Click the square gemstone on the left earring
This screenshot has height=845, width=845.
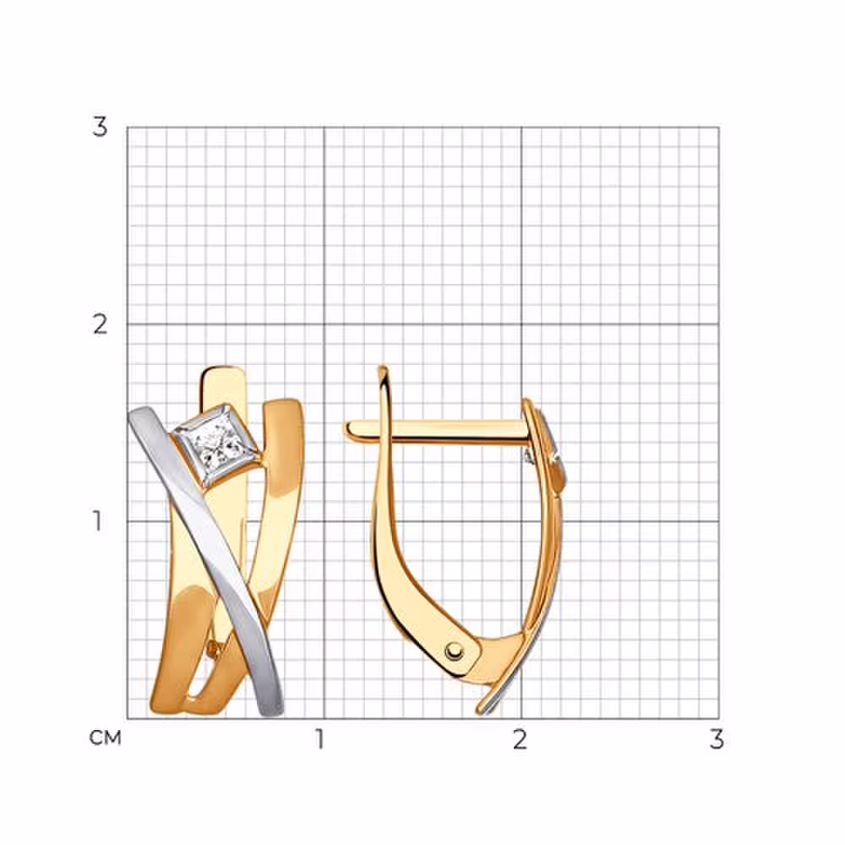coord(219,446)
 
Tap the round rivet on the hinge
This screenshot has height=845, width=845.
coord(455,651)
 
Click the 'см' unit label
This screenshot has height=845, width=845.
coord(105,738)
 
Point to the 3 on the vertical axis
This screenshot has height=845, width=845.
coord(100,128)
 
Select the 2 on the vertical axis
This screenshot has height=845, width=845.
coord(100,324)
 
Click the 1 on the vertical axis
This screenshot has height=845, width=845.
coord(97,521)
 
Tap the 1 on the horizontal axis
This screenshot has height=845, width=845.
coord(320,739)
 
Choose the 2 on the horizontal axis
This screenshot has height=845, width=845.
coord(520,739)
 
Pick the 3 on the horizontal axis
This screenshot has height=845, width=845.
coord(717,739)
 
